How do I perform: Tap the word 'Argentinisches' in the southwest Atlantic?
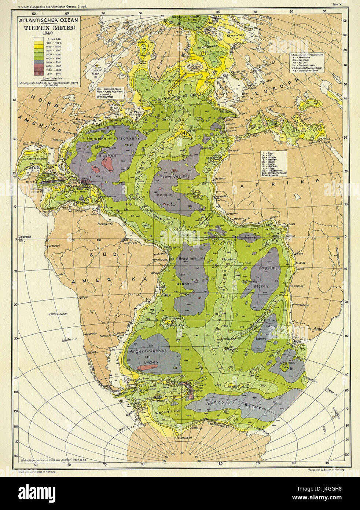point(148,351)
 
